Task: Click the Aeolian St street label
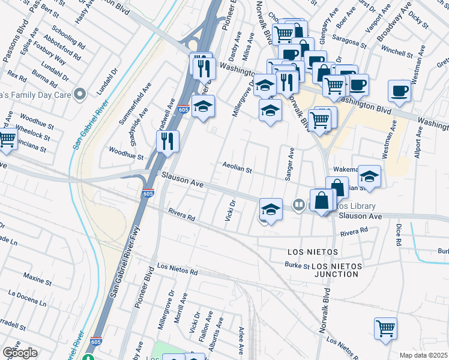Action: click(237, 169)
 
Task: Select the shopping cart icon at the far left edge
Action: click(7, 139)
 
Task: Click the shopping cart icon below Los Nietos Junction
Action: click(385, 328)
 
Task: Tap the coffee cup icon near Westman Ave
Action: click(399, 91)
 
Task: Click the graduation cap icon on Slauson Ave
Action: click(271, 210)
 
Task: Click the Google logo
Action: click(20, 353)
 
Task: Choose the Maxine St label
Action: click(37, 280)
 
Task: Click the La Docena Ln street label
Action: click(27, 298)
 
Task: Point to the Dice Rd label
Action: click(398, 235)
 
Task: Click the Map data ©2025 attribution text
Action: click(423, 355)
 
